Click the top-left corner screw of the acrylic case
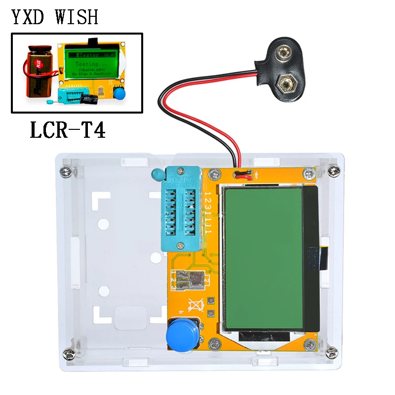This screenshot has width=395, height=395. point(64,171)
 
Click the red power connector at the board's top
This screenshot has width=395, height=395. point(243,174)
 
